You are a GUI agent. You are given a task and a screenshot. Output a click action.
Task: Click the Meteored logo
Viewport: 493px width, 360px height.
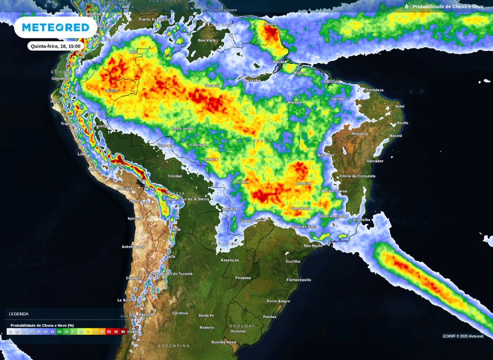[x=55, y=27]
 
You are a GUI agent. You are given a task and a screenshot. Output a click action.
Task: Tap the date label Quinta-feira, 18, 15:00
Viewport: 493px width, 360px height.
[x=56, y=46]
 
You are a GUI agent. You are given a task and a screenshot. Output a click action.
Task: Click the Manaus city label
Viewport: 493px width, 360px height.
[x=212, y=85]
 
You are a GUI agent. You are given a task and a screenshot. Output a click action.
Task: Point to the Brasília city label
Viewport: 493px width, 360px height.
[x=304, y=183]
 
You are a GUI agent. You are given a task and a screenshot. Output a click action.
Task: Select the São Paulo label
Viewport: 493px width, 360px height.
[x=313, y=246]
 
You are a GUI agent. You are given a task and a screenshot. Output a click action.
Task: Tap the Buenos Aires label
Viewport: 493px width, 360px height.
[x=224, y=342]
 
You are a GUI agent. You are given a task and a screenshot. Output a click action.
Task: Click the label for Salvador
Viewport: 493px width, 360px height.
[x=375, y=161]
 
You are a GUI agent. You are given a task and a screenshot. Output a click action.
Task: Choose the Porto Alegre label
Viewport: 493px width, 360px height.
[x=278, y=301]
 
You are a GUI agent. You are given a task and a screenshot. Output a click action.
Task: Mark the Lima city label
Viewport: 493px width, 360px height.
[x=82, y=154]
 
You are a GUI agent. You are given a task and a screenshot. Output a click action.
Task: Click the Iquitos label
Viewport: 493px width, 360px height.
[x=111, y=91]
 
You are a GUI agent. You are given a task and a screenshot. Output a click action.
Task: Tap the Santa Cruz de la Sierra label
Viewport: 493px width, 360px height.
[x=188, y=198]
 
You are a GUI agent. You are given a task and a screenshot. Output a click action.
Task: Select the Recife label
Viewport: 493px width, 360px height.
[x=402, y=123]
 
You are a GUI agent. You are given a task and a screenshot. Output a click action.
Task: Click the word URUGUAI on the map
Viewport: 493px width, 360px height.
[x=241, y=326]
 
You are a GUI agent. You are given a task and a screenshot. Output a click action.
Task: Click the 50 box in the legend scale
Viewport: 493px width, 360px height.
[x=59, y=332]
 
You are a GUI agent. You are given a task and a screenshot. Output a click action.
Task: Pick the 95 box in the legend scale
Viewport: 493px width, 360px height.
[x=123, y=332]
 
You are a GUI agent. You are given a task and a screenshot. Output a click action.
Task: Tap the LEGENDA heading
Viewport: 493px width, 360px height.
[x=18, y=314]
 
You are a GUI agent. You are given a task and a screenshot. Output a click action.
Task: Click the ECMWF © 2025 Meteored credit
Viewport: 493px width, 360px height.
[x=463, y=336]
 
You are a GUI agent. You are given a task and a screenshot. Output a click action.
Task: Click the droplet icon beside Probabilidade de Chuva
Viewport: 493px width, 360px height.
[x=407, y=7]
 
